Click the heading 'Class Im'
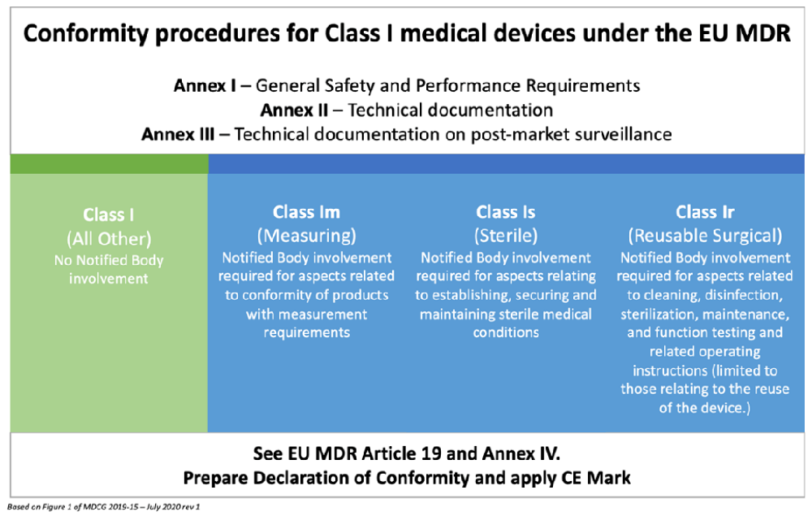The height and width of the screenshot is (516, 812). (x=306, y=212)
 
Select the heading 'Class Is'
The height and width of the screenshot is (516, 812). (x=506, y=212)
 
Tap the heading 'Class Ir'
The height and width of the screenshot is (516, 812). (x=705, y=212)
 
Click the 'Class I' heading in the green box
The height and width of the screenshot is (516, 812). (x=109, y=215)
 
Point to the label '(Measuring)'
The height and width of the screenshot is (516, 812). (x=306, y=236)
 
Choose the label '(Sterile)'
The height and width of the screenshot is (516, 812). (x=506, y=236)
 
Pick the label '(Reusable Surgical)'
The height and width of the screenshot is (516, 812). (x=705, y=236)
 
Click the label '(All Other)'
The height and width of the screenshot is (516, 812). (x=109, y=240)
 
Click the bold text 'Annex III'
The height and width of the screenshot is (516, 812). (x=178, y=134)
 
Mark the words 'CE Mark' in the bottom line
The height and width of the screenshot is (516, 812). (x=597, y=478)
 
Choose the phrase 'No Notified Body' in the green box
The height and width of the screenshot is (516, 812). (x=109, y=260)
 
